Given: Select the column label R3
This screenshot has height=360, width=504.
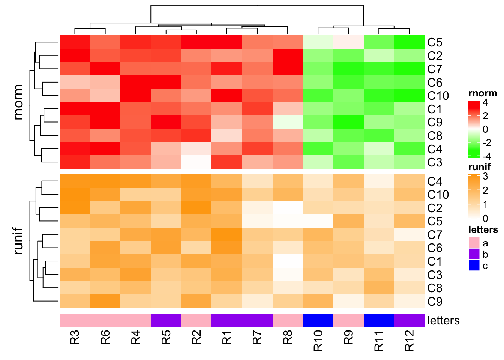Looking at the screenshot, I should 75,337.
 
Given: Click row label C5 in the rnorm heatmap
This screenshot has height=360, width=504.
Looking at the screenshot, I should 435,42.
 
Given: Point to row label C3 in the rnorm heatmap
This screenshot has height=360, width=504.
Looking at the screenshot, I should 435,162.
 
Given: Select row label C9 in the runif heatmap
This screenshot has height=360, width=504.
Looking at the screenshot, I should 435,301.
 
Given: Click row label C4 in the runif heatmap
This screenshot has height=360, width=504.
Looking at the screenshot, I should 435,181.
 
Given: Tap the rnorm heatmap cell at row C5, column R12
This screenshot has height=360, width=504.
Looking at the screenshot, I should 409,42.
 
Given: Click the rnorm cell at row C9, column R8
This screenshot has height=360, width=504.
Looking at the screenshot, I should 288,122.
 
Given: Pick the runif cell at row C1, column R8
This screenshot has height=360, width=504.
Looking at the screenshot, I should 288,261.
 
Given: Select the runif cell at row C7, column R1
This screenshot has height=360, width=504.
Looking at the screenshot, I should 227,234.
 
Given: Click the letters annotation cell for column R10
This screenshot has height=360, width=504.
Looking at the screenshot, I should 318,320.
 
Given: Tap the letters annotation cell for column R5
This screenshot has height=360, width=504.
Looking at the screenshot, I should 166,320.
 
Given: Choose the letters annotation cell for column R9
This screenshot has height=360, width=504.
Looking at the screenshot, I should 348,320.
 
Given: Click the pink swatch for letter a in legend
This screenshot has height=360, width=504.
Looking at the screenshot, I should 474,243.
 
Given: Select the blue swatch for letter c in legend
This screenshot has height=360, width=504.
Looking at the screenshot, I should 474,265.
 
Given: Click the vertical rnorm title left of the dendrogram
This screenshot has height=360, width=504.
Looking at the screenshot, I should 18,102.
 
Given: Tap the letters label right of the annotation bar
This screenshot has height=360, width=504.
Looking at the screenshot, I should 443,321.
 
